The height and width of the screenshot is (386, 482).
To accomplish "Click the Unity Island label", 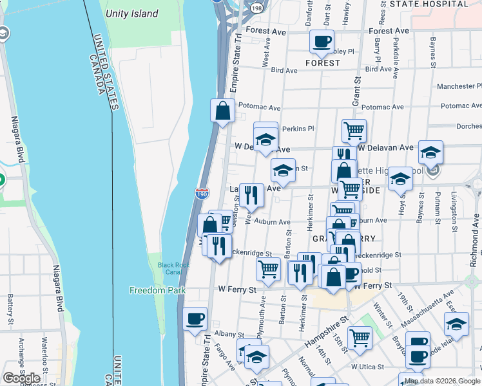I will (x=132, y=14).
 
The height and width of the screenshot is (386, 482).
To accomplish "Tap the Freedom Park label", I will (x=157, y=290).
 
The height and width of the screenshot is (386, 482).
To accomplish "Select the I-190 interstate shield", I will (x=202, y=192).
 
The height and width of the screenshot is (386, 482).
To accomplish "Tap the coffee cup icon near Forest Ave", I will (x=322, y=42).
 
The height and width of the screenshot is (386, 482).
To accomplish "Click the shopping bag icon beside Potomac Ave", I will (x=222, y=110).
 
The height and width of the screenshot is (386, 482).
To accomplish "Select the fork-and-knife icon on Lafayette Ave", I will (x=251, y=195).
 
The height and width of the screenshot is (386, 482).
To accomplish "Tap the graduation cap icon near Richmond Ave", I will (x=457, y=324).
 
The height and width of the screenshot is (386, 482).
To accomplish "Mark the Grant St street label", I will (x=355, y=91).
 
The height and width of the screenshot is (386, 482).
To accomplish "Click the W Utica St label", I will (x=367, y=367).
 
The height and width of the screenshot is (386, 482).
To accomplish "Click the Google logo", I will (x=22, y=378).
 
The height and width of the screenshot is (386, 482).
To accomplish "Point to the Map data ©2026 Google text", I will (x=441, y=381).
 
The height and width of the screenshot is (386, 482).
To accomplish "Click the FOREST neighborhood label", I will (x=322, y=63).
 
